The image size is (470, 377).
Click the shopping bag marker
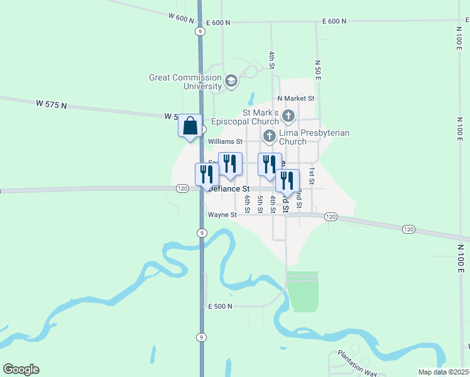click(x=190, y=126)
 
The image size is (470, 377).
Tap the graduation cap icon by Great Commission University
click(x=231, y=81)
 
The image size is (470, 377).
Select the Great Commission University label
click(x=185, y=82)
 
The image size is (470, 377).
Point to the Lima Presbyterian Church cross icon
click(x=270, y=136)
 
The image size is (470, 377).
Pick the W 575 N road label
click(x=51, y=104)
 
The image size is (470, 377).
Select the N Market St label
click(x=295, y=99)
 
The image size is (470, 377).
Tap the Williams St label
click(x=225, y=142)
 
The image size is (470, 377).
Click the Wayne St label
click(x=222, y=214)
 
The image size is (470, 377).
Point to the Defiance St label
click(x=229, y=188)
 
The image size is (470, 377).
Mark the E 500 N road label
click(x=221, y=306)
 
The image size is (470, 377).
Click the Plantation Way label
click(x=356, y=363)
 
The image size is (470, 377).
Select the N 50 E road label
click(x=318, y=70)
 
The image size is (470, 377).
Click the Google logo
click(x=21, y=369)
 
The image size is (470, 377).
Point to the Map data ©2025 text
click(x=443, y=372)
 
